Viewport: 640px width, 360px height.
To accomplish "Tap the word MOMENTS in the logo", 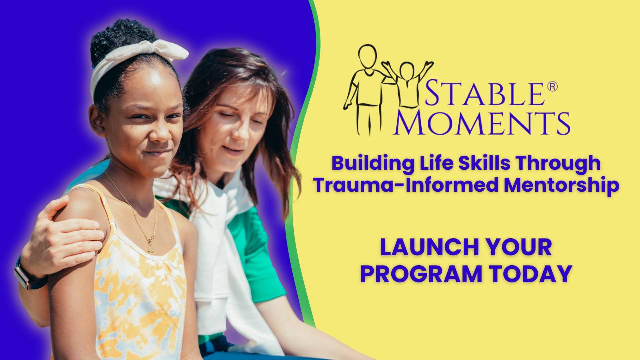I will pyautogui.click(x=481, y=123).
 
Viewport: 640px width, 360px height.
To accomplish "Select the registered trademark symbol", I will pyautogui.click(x=552, y=87).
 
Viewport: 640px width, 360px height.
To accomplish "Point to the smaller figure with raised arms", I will pyautogui.click(x=407, y=82).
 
